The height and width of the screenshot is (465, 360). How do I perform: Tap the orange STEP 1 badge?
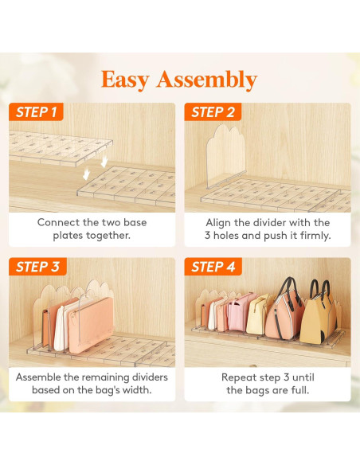coord(37,112)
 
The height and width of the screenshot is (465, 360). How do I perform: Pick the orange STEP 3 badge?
coord(37,267)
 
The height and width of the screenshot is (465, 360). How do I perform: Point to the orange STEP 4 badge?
coord(213,267)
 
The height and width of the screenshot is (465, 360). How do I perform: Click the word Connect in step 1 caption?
coord(58,223)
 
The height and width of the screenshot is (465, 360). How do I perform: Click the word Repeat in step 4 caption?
coord(240,377)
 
